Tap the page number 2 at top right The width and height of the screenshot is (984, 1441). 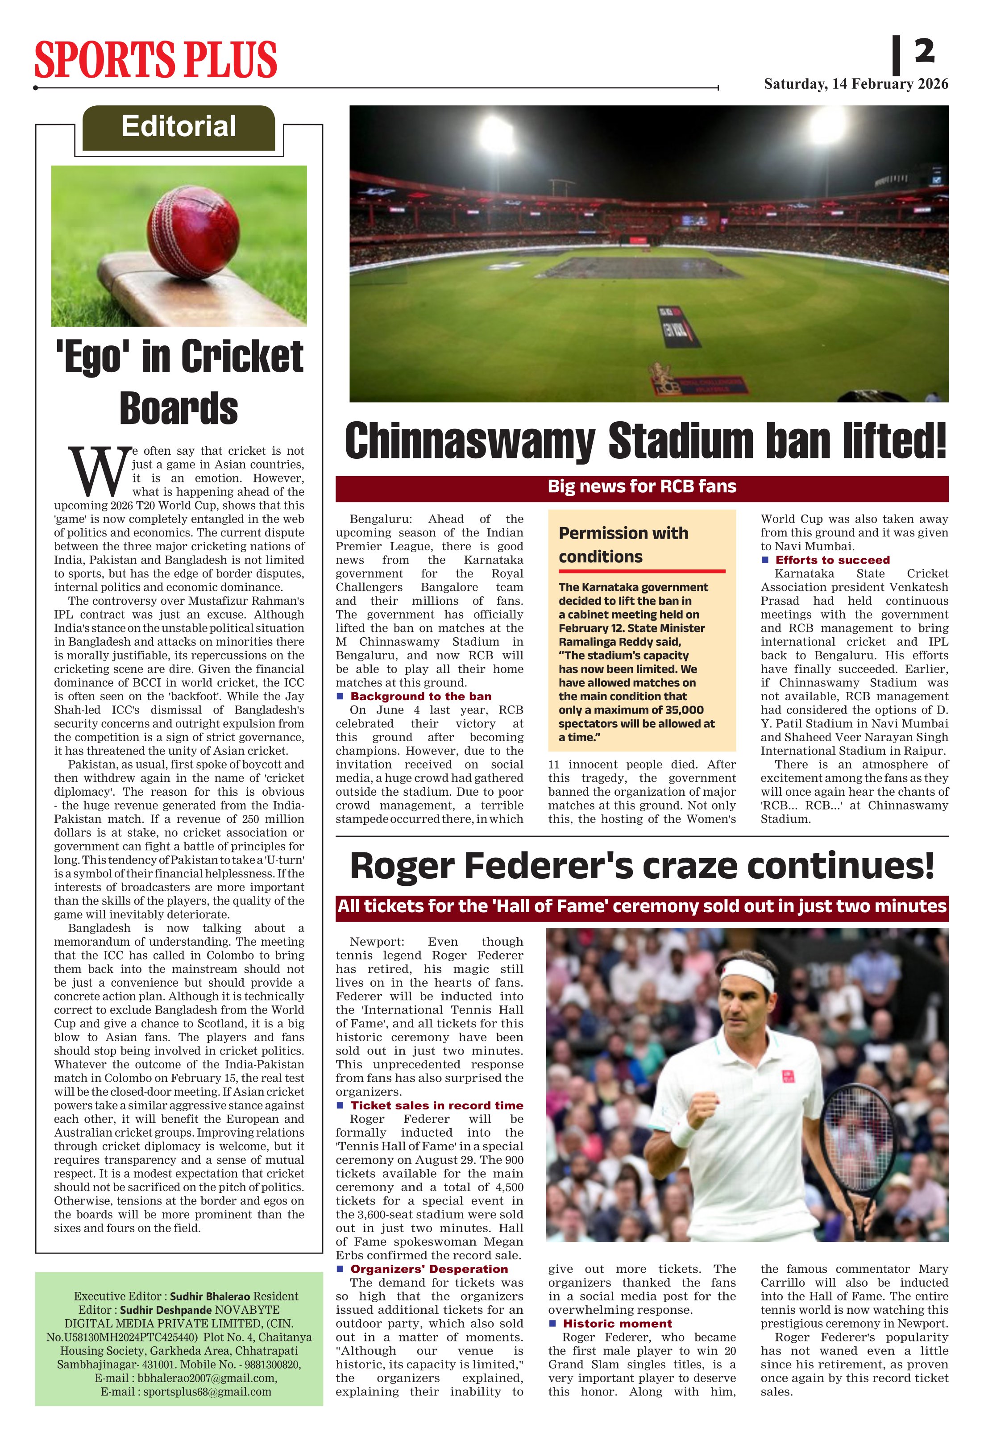pos(924,51)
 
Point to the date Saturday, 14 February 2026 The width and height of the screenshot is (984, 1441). pos(855,84)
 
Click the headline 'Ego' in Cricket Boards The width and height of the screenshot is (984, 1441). pos(179,382)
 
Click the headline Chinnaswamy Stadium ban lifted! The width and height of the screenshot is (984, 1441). pos(645,441)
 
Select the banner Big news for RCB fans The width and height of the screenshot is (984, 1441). pos(642,487)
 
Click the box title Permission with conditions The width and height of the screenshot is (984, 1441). pos(623,544)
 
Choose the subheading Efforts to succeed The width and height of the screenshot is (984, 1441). pos(832,560)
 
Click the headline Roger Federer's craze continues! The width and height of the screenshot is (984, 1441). pos(642,866)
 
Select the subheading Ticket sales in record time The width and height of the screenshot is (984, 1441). pos(436,1105)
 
